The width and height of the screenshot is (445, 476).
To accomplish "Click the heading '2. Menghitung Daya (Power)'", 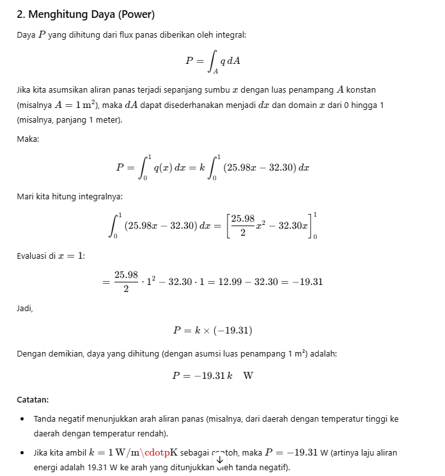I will tap(86, 13).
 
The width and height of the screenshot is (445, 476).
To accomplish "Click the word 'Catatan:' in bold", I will tap(33, 400).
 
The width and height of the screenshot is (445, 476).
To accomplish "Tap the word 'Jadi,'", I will tap(25, 308).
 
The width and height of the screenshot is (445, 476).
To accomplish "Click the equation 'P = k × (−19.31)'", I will tap(212, 330).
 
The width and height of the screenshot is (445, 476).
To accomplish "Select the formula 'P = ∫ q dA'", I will tap(212, 61).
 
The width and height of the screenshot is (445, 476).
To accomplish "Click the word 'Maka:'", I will tap(27, 139).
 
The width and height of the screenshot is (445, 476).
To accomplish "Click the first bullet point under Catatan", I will tap(22, 419).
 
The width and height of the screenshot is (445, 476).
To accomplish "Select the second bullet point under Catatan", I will tap(22, 453).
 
